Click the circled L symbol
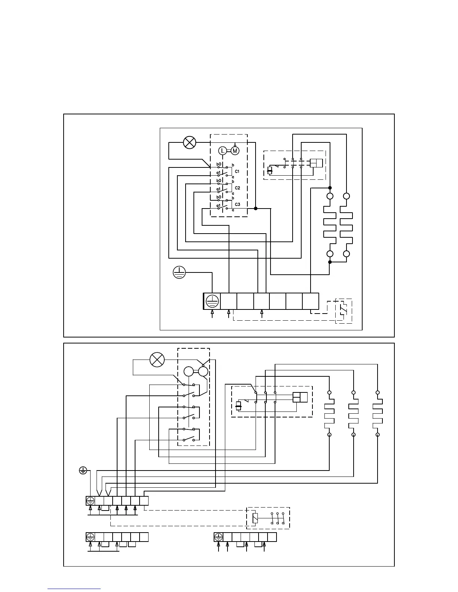coord(223,151)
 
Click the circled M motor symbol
coord(235,151)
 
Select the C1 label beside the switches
coord(237,172)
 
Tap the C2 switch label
coord(237,188)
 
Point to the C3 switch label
coord(237,204)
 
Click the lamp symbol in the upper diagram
coord(189,142)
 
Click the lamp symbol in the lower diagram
coord(157,360)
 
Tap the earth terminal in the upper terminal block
coord(212,301)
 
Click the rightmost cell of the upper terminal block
coord(311,301)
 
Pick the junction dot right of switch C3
coord(256,208)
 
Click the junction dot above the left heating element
coord(330,188)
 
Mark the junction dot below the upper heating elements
coord(330,262)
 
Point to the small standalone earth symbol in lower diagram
coord(83,470)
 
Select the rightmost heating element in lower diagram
coord(378,414)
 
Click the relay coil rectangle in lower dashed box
coord(255,518)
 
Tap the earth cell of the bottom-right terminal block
coord(218,537)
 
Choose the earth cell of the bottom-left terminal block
coord(90,537)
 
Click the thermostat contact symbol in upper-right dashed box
coord(343,310)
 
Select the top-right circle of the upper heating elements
coord(346,196)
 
